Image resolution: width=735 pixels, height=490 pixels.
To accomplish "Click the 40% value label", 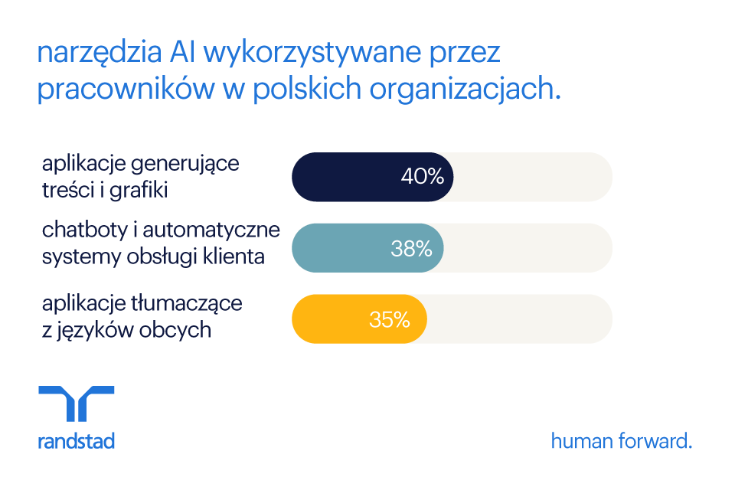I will coord(422,177).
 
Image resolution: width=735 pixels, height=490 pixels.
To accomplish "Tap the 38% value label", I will coord(411,248).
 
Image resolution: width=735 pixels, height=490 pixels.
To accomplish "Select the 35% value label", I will coord(390,319).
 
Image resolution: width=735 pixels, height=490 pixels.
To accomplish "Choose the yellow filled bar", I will coord(329,319).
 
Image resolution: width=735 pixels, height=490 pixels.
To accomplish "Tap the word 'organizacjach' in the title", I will coord(465,90).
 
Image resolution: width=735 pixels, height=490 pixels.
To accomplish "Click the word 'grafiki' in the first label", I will coord(139,190).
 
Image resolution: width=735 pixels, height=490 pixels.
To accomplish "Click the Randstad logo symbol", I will coord(76,403).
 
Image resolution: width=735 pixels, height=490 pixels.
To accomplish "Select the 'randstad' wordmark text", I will coord(76,441).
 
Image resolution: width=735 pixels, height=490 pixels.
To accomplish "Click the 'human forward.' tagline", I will coord(621,441).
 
